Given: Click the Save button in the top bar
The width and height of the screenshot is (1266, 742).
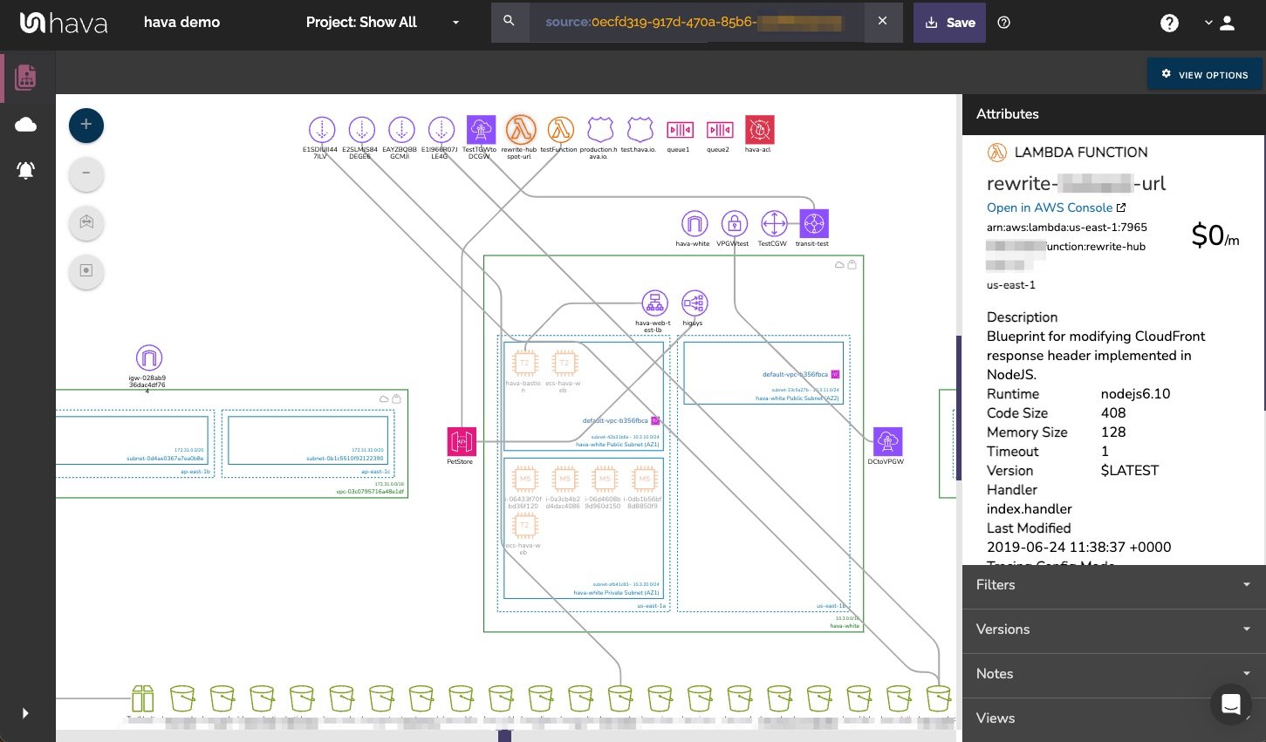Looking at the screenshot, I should click(949, 23).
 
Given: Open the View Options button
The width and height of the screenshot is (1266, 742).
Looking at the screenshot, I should click(1204, 75).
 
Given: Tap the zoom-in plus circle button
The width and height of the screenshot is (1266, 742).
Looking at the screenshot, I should click(86, 126).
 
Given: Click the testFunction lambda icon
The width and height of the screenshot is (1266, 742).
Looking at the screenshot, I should click(560, 130).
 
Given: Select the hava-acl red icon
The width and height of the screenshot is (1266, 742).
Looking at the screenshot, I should click(759, 130).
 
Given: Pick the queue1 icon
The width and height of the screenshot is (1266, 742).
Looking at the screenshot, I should click(680, 130).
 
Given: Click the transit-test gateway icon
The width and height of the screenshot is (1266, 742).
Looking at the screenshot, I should click(813, 224).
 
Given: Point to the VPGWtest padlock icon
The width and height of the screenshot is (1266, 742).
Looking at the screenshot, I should click(735, 224).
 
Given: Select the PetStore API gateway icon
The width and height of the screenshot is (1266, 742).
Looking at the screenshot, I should click(462, 441).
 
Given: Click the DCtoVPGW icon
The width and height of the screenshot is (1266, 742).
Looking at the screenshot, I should click(886, 441).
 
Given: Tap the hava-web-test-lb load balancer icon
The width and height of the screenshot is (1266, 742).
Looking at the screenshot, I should click(654, 303).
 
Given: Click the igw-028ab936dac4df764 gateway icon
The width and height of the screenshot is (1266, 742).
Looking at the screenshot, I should click(149, 358).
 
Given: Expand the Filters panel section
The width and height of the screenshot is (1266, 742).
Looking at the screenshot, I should click(1113, 585).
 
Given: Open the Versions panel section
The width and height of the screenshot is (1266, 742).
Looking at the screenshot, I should click(1113, 630).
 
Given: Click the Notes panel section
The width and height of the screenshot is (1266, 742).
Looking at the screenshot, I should click(1113, 674).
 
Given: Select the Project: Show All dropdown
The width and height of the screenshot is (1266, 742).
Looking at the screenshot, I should click(382, 23).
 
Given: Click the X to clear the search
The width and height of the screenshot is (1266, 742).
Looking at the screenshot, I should click(882, 21).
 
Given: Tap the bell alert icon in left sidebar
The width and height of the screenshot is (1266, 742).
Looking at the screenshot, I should click(26, 170).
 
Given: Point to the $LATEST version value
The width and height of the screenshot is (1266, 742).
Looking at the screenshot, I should click(1130, 471).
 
